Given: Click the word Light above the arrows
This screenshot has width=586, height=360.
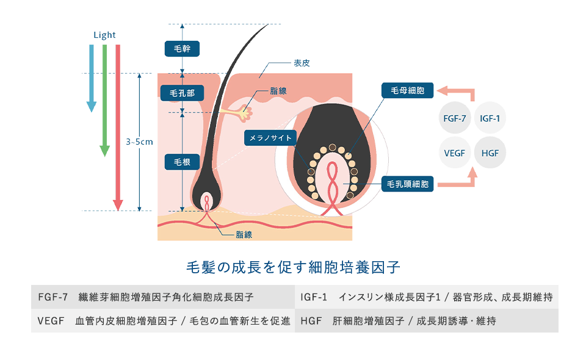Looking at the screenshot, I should tap(104, 35).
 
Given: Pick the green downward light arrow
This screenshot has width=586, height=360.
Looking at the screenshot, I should tap(105, 98).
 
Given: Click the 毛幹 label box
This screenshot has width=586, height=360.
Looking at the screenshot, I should tap(183, 48).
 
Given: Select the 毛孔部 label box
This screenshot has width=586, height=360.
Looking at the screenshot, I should tap(182, 93).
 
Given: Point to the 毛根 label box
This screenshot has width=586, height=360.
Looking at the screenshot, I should tap(183, 162).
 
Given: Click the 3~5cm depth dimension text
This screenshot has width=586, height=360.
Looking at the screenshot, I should tap(139, 142).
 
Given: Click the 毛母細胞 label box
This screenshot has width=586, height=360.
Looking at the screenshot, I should tap(407, 91).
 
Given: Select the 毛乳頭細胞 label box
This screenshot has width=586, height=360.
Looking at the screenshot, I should tap(408, 183).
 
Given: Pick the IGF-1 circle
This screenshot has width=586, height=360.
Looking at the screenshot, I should tap(490, 118).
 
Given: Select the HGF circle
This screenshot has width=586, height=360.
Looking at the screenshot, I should tap(490, 153).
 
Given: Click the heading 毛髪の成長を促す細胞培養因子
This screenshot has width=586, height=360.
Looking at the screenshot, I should tap(292, 267).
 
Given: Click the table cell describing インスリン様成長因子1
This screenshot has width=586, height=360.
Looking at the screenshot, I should tap(427, 297).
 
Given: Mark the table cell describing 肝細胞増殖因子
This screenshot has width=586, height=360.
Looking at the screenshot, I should tap(427, 320).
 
